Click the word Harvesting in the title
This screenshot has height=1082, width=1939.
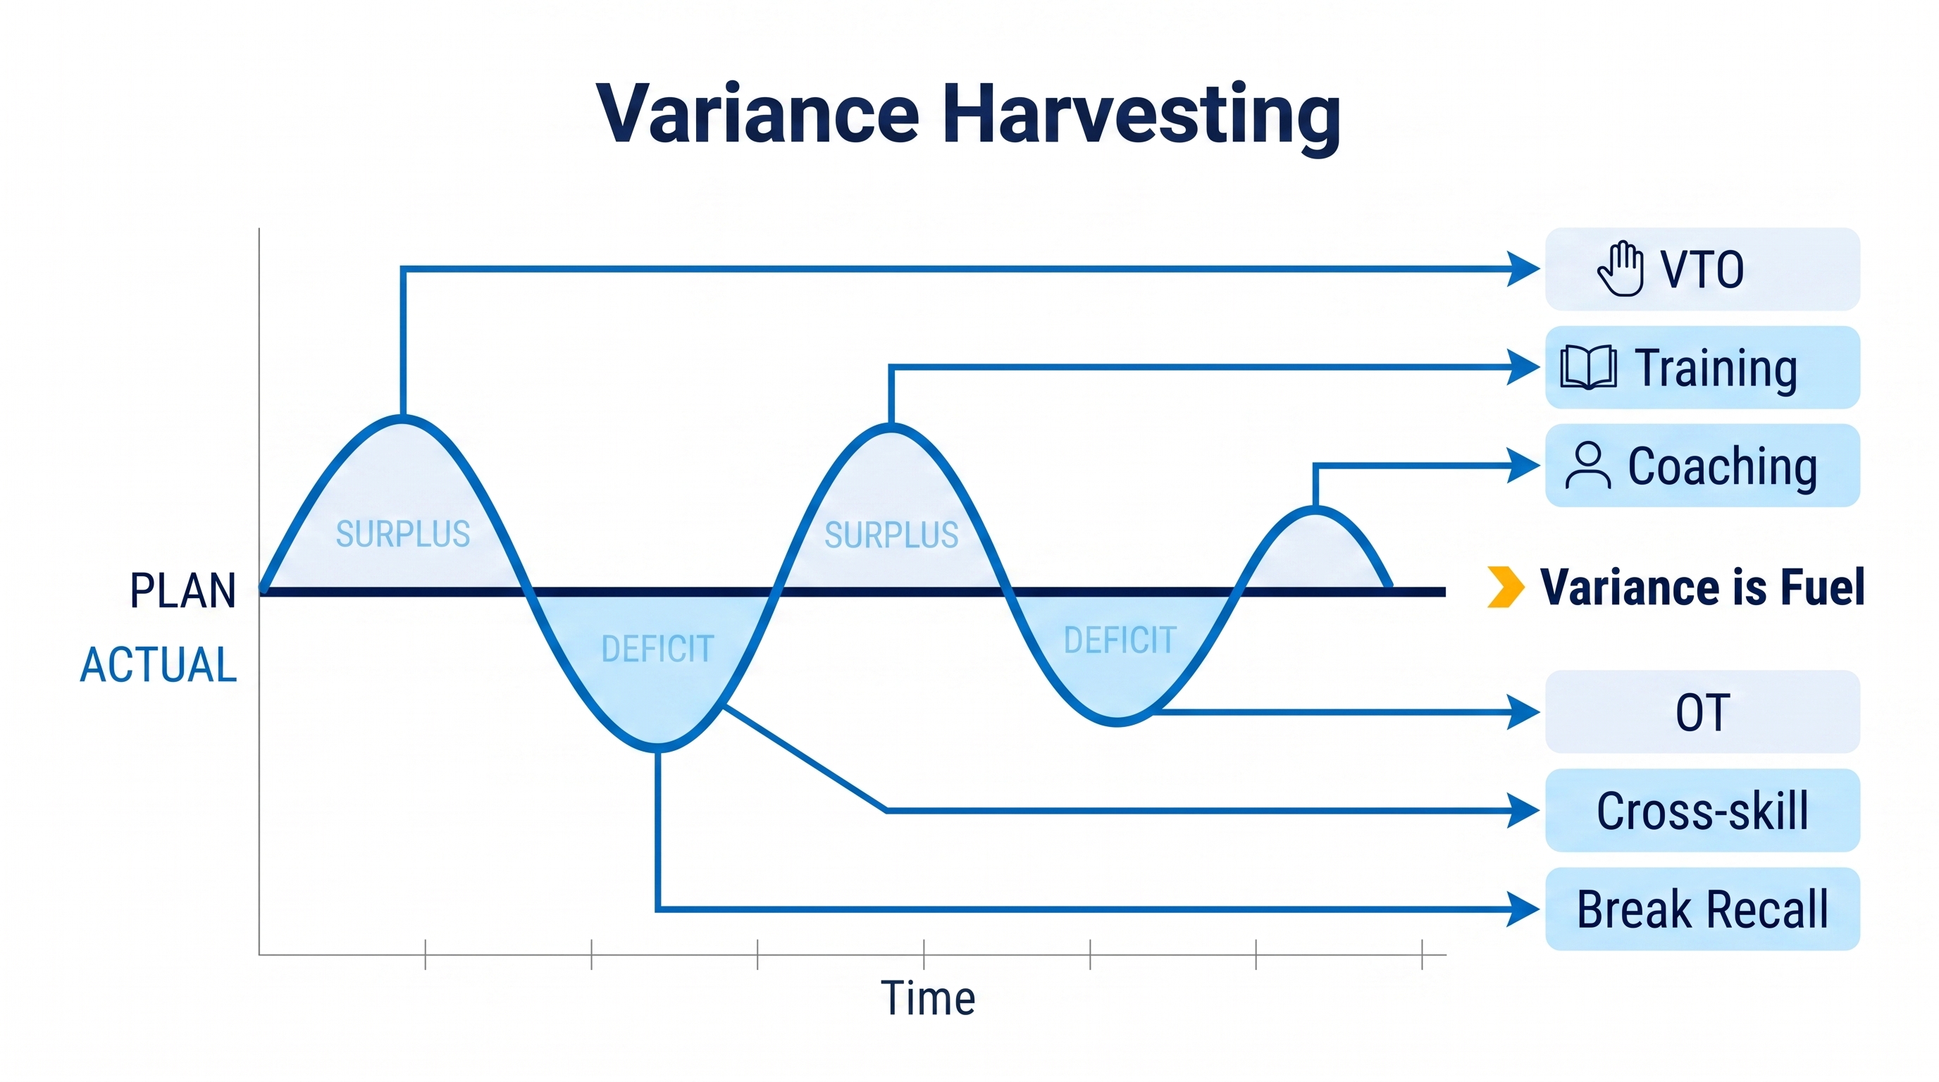[1142, 115]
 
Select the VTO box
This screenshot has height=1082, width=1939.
[1703, 269]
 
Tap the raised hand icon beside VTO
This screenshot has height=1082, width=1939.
[1621, 268]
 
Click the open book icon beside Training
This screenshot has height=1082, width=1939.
[1588, 367]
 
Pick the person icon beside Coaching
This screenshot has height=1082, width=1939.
[1588, 466]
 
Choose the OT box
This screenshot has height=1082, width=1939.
[1703, 711]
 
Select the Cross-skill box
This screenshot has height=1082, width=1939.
[1703, 810]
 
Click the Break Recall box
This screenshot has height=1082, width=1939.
[1703, 909]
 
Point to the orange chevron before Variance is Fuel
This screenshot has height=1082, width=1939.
[1506, 587]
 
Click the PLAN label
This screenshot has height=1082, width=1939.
[183, 590]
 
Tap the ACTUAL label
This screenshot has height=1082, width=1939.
[159, 665]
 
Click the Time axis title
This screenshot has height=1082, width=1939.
[928, 998]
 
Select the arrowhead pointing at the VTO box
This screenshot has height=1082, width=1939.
[1523, 268]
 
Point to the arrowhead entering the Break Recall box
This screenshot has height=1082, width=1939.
[1523, 909]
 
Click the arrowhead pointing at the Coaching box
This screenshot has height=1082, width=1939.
[1523, 466]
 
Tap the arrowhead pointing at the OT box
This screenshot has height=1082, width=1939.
[1523, 711]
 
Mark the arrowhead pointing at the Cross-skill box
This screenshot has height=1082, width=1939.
[1523, 810]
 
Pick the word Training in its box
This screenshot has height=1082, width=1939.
[1716, 369]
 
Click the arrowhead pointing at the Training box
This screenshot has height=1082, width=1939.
[1523, 367]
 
